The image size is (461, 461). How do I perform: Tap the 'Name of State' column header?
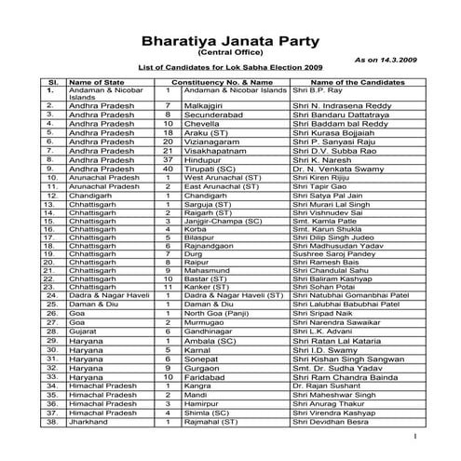pos(97,83)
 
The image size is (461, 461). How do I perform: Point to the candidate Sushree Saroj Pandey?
pos(331,254)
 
